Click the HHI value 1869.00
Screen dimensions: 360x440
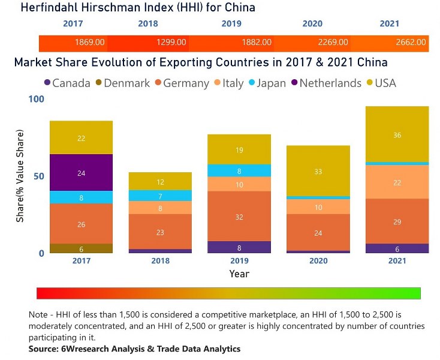coord(90,43)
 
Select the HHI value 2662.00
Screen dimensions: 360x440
coord(411,43)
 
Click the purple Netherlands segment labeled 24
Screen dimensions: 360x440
coord(81,173)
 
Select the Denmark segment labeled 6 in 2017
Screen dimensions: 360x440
coord(81,248)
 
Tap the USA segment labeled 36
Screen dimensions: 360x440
coord(397,135)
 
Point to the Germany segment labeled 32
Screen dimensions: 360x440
coord(239,217)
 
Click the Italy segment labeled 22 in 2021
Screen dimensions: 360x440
coord(397,182)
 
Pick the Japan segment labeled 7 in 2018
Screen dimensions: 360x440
coord(160,196)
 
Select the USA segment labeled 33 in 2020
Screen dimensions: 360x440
coord(318,172)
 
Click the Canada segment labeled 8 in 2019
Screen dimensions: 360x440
coord(239,247)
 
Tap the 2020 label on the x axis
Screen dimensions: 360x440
coord(318,261)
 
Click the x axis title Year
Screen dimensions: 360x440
coord(239,274)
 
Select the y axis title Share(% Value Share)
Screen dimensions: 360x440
coord(20,175)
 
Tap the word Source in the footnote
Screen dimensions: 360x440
coord(44,349)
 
